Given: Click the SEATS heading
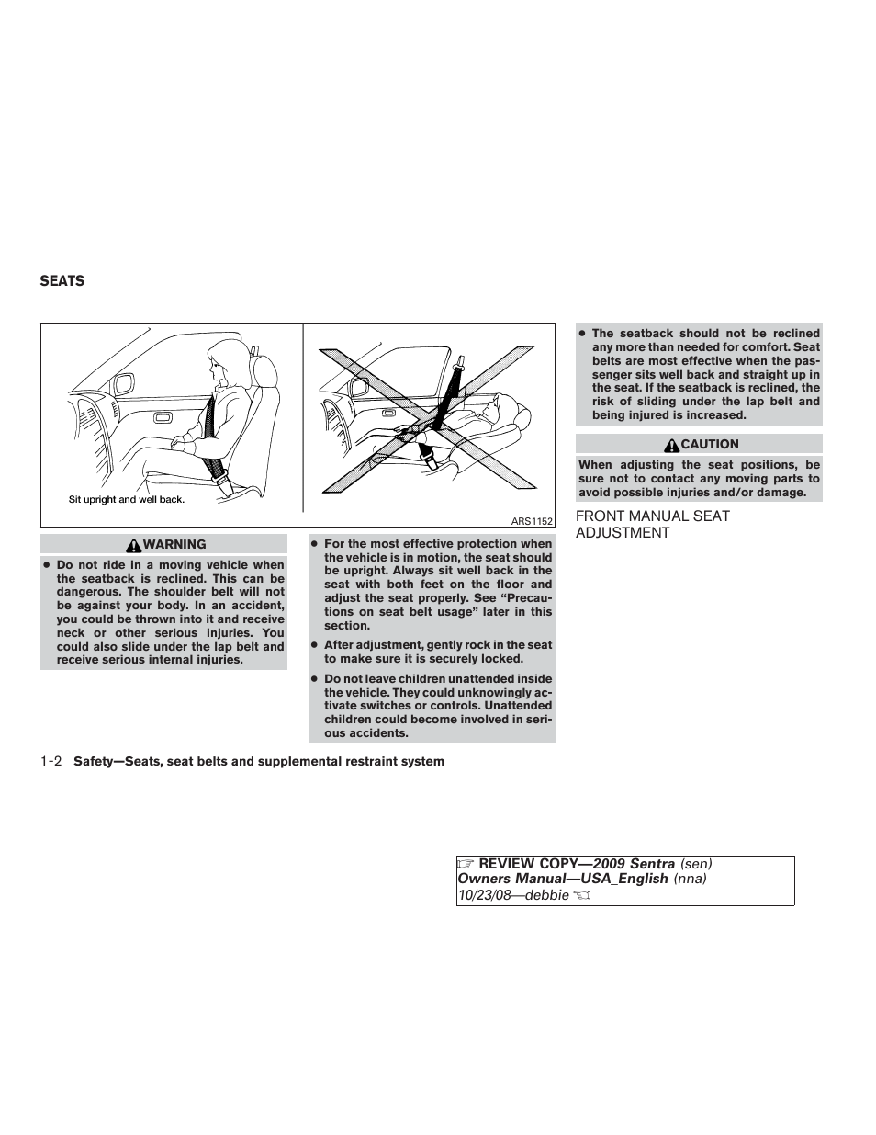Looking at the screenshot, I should pyautogui.click(x=62, y=281).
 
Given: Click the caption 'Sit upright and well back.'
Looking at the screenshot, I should pyautogui.click(x=127, y=500).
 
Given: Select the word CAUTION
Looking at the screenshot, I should pyautogui.click(x=709, y=444).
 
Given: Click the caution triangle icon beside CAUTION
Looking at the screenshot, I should pyautogui.click(x=673, y=445).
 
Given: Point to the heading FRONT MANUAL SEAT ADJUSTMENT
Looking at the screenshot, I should pyautogui.click(x=652, y=525).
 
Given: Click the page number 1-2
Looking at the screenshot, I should pyautogui.click(x=51, y=761).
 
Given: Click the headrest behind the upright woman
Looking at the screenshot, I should pyautogui.click(x=265, y=369).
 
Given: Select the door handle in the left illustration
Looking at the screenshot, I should pyautogui.click(x=164, y=418).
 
